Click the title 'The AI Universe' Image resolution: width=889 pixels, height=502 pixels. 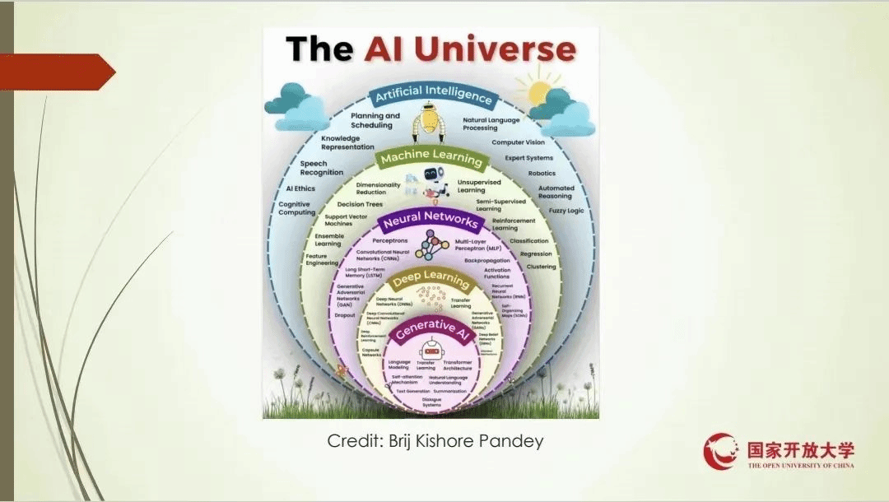coord(431,50)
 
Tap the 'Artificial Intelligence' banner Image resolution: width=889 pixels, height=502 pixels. coord(433,95)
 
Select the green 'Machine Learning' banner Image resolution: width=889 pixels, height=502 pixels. coord(429,156)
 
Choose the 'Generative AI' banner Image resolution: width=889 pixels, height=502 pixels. coord(429,328)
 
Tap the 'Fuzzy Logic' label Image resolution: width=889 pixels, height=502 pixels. coord(566,211)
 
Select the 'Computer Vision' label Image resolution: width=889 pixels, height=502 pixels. coord(518,142)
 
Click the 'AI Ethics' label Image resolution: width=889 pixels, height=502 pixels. coord(295,188)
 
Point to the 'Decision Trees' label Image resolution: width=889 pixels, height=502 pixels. coord(359,204)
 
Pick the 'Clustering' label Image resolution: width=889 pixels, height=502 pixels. coord(541,267)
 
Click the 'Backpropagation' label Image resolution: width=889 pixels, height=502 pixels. coord(487,260)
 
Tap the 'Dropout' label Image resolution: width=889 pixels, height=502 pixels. coord(346,315)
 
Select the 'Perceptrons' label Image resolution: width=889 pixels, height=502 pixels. coord(391,240)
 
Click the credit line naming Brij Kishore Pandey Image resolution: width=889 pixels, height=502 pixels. coord(435,441)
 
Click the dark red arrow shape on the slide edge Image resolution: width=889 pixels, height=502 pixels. coord(58,72)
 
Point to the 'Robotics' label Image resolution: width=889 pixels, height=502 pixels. coord(542,174)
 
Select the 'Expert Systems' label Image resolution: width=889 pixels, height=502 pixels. coord(528,158)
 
